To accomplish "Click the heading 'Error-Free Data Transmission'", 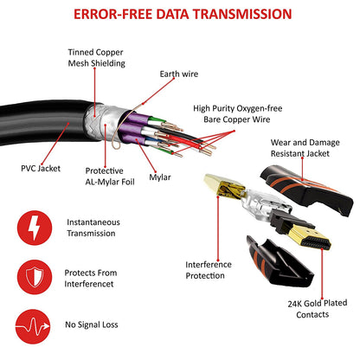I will [x=180, y=15].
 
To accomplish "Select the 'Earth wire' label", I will [x=178, y=74].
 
